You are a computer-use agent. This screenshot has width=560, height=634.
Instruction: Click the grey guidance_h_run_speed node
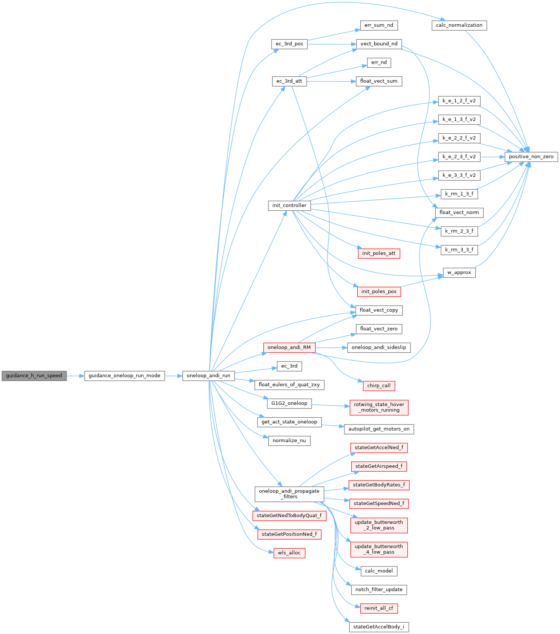point(34,376)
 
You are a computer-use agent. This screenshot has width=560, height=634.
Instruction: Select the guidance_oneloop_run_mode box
point(124,376)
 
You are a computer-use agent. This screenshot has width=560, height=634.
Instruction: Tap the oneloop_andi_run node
point(208,376)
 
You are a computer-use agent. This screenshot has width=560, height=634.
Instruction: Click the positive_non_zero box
point(531,157)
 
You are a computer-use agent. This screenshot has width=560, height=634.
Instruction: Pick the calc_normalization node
point(459,25)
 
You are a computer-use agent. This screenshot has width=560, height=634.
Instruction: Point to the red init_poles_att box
point(379,253)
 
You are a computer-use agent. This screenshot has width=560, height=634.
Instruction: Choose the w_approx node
point(459,273)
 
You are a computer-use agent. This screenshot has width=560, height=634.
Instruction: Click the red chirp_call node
point(379,386)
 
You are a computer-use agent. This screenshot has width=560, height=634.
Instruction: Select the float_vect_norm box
point(459,213)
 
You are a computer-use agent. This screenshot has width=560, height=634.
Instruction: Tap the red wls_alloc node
point(289,553)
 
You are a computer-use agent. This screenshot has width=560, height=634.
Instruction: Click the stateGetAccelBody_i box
point(379,627)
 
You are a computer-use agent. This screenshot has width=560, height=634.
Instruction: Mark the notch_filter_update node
point(379,589)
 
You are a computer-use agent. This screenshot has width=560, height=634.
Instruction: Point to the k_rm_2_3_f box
point(459,231)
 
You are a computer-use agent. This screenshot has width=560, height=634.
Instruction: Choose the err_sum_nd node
point(379,25)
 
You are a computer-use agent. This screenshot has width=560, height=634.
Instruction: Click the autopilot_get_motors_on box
point(379,429)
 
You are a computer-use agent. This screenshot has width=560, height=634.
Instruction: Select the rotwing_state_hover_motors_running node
point(379,407)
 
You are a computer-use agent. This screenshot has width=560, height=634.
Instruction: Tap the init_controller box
point(289,205)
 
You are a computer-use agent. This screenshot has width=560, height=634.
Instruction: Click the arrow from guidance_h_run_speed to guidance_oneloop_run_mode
point(75,376)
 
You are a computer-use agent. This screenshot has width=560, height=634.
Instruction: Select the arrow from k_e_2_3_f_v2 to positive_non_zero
point(492,157)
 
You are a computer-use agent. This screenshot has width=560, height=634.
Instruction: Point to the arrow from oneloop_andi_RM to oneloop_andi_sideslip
point(331,347)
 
